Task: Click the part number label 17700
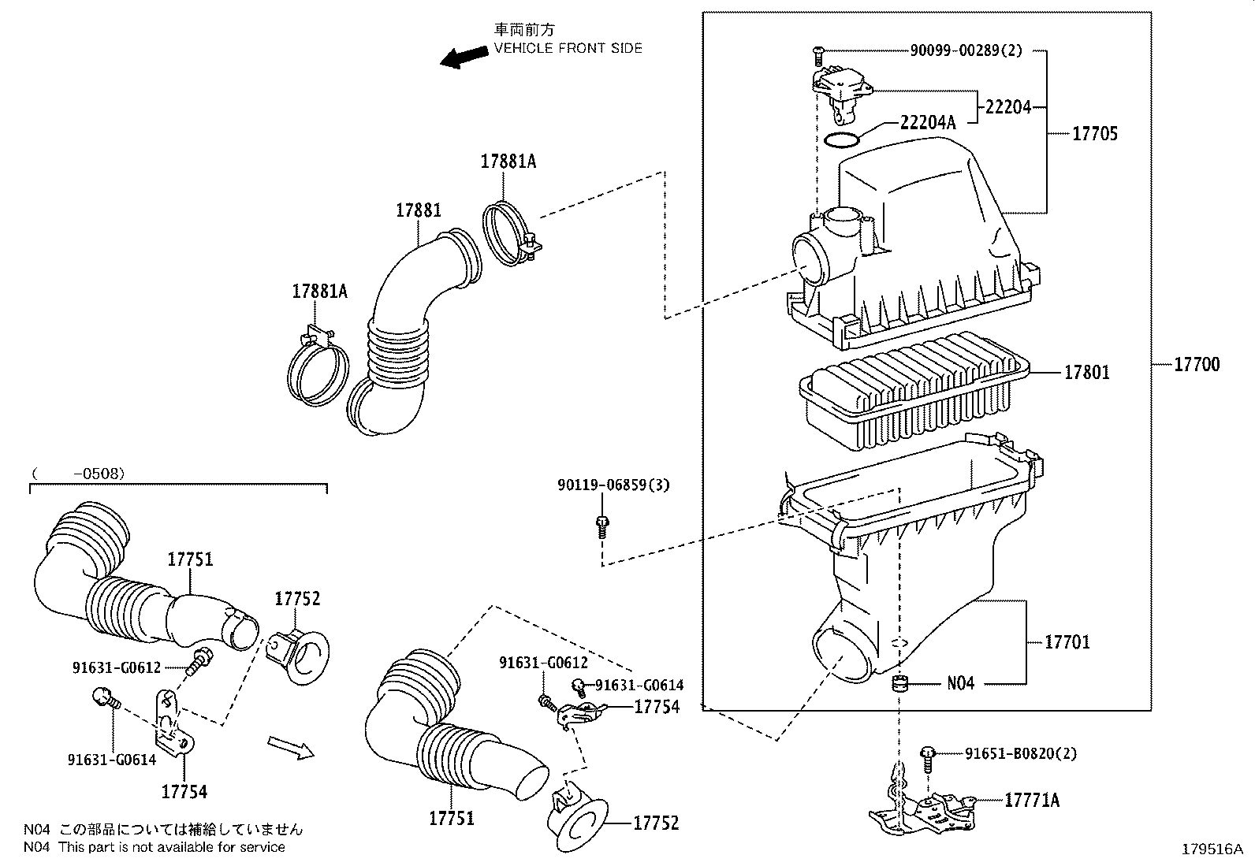(1196, 365)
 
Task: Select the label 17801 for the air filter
(1086, 373)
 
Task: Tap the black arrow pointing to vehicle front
(464, 57)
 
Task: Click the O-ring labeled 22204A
(840, 140)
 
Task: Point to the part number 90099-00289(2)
(966, 51)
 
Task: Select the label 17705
(1094, 134)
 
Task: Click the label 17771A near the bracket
(1032, 801)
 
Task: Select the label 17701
(1067, 642)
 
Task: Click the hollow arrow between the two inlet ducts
(290, 747)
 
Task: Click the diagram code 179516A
(1211, 849)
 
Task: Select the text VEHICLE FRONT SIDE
(568, 48)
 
